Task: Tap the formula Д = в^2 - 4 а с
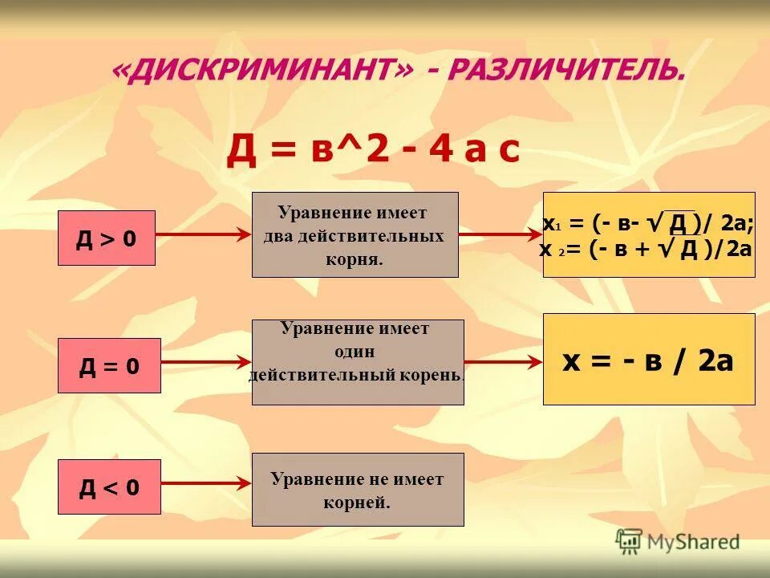tap(373, 150)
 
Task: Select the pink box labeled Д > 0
tap(106, 238)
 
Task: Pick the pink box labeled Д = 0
tap(109, 366)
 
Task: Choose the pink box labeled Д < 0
tap(109, 486)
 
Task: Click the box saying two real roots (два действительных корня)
tap(355, 234)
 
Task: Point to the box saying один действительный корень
tap(358, 362)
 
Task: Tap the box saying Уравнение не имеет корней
tap(358, 490)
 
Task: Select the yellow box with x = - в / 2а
tap(649, 359)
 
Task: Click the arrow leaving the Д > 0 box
tap(203, 234)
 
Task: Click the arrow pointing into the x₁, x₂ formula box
tap(500, 234)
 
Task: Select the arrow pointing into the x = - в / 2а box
tap(504, 362)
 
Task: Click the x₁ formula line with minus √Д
tap(648, 222)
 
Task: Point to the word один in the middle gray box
tap(355, 352)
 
